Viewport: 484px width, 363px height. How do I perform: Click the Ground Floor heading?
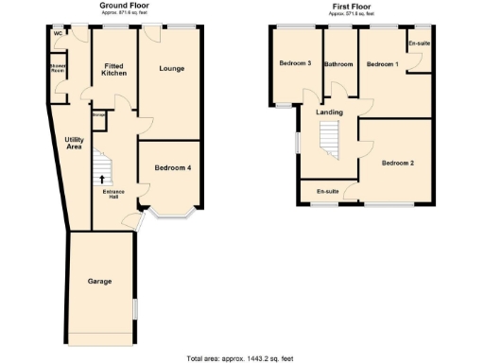click(129, 5)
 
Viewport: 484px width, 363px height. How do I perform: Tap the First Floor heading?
click(351, 5)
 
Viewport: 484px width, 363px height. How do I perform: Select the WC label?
click(58, 34)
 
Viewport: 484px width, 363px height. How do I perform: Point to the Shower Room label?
click(59, 68)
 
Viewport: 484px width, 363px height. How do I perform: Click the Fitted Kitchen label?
click(114, 69)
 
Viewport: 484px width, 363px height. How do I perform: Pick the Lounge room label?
click(171, 68)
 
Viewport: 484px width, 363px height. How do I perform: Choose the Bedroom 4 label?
click(173, 168)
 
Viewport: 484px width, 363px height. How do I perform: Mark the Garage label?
click(100, 282)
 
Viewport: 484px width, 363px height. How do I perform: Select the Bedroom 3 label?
click(295, 63)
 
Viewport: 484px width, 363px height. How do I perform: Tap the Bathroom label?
click(337, 64)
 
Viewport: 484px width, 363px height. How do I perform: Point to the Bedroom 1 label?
click(383, 63)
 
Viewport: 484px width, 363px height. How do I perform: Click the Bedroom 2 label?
click(398, 163)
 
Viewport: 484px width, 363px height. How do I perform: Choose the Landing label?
click(329, 113)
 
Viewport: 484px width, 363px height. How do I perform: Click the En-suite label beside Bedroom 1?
click(419, 43)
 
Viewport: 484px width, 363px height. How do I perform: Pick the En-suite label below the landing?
click(328, 192)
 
